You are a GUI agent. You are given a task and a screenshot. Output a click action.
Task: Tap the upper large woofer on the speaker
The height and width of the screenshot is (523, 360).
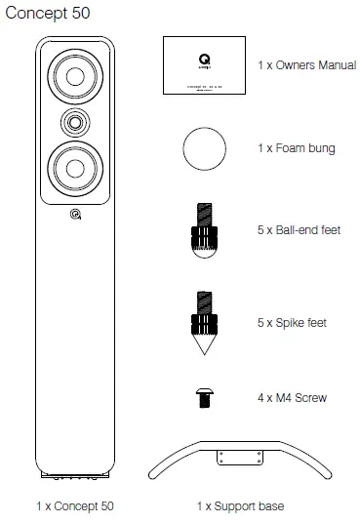tap(75, 78)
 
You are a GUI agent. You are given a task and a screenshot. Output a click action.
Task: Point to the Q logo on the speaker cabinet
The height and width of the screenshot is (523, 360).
tap(75, 217)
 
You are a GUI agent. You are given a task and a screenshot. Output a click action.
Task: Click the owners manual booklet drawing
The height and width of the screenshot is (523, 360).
tap(202, 65)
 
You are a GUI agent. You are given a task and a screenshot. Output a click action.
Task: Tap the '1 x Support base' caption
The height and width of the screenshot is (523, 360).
tap(240, 507)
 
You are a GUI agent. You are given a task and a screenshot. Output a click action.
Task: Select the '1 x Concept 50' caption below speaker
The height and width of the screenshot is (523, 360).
tap(74, 507)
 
